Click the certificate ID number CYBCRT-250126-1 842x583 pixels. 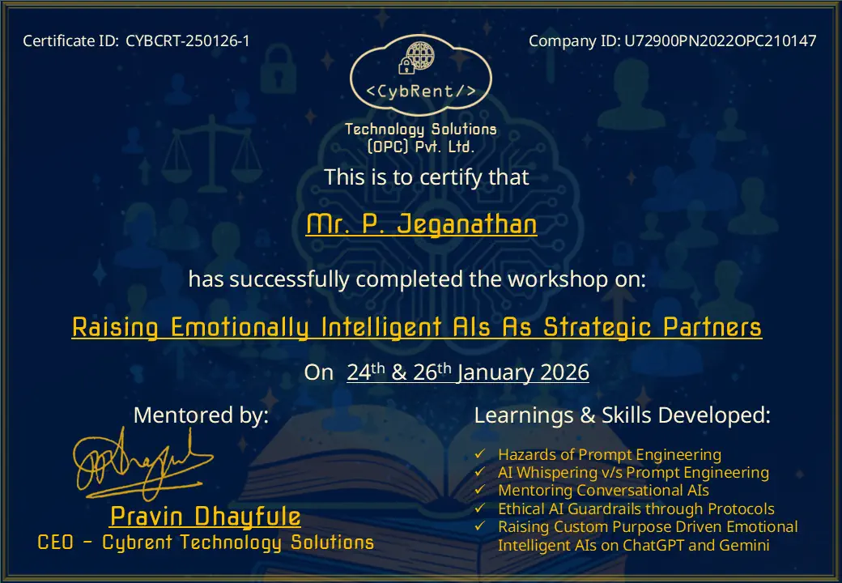(188, 40)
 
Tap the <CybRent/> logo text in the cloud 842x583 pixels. (421, 91)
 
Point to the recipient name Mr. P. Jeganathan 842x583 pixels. (421, 224)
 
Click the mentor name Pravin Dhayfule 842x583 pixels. (205, 517)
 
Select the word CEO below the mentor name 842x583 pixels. (55, 543)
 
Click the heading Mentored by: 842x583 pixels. (201, 415)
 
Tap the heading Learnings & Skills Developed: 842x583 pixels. (622, 415)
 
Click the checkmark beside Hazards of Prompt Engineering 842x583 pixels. (480, 454)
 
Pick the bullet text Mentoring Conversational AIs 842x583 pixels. (603, 491)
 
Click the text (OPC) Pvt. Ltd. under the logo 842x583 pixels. (421, 147)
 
